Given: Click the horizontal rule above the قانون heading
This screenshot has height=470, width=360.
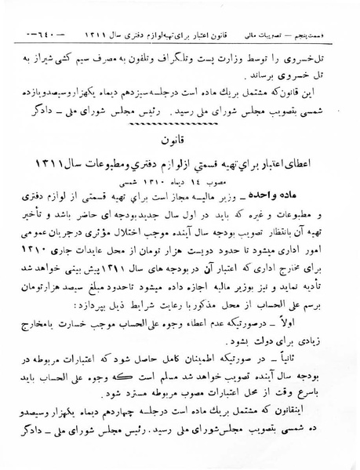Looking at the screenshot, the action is click(180, 119).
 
